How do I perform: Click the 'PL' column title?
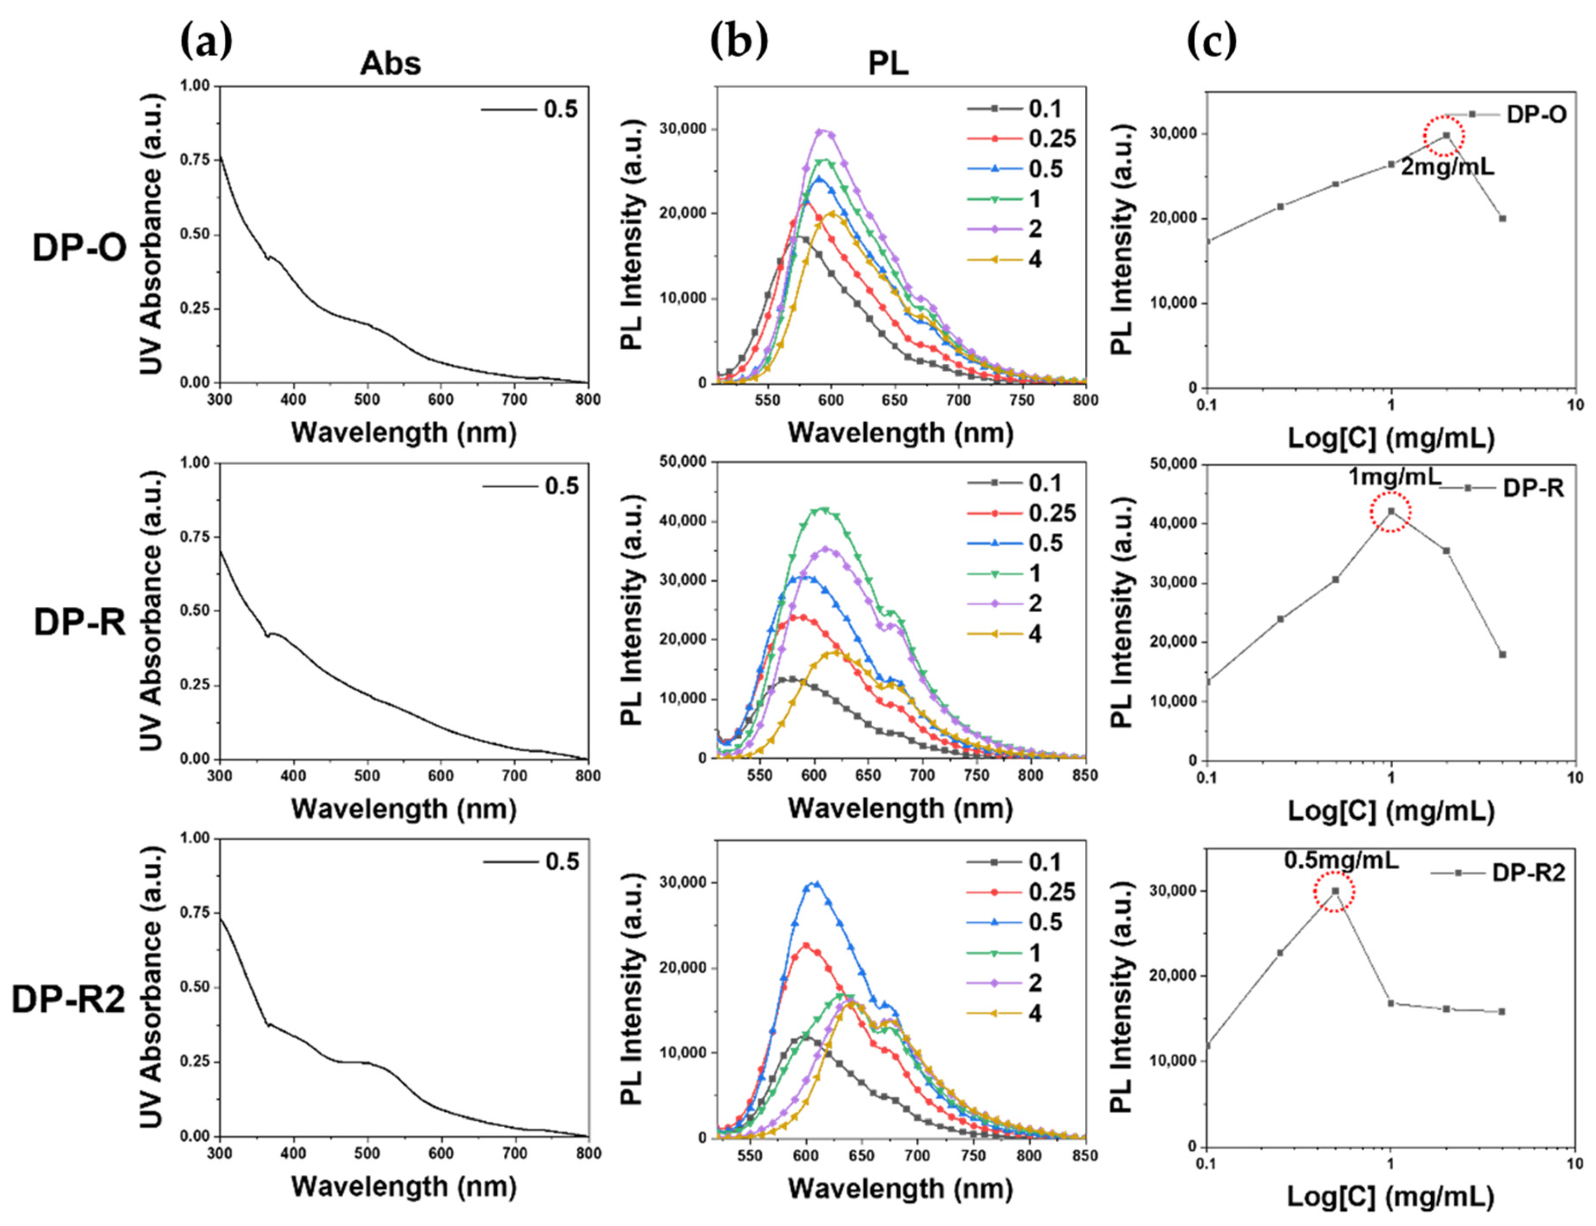pos(888,64)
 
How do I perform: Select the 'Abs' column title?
pos(390,64)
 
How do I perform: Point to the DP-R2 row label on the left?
pos(69,999)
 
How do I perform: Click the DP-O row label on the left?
pos(79,249)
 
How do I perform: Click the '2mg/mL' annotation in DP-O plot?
pos(1447,167)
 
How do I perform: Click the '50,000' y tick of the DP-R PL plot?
pos(671,462)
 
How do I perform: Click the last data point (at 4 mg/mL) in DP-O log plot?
pos(1503,219)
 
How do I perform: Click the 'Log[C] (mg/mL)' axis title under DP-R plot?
pos(1390,811)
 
